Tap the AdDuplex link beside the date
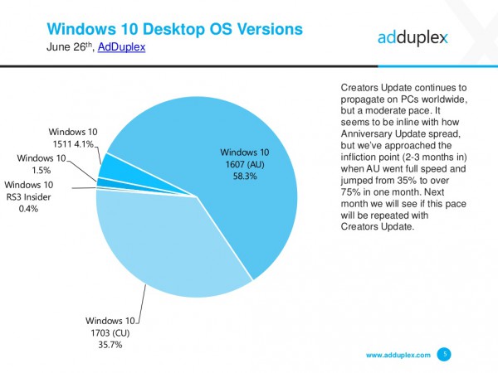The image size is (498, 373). coord(121,47)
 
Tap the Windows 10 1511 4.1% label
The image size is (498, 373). coord(72,137)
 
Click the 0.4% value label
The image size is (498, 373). coord(28,208)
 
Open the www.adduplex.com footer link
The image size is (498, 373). coord(398,354)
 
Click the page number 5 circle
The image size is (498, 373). coord(445,354)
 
